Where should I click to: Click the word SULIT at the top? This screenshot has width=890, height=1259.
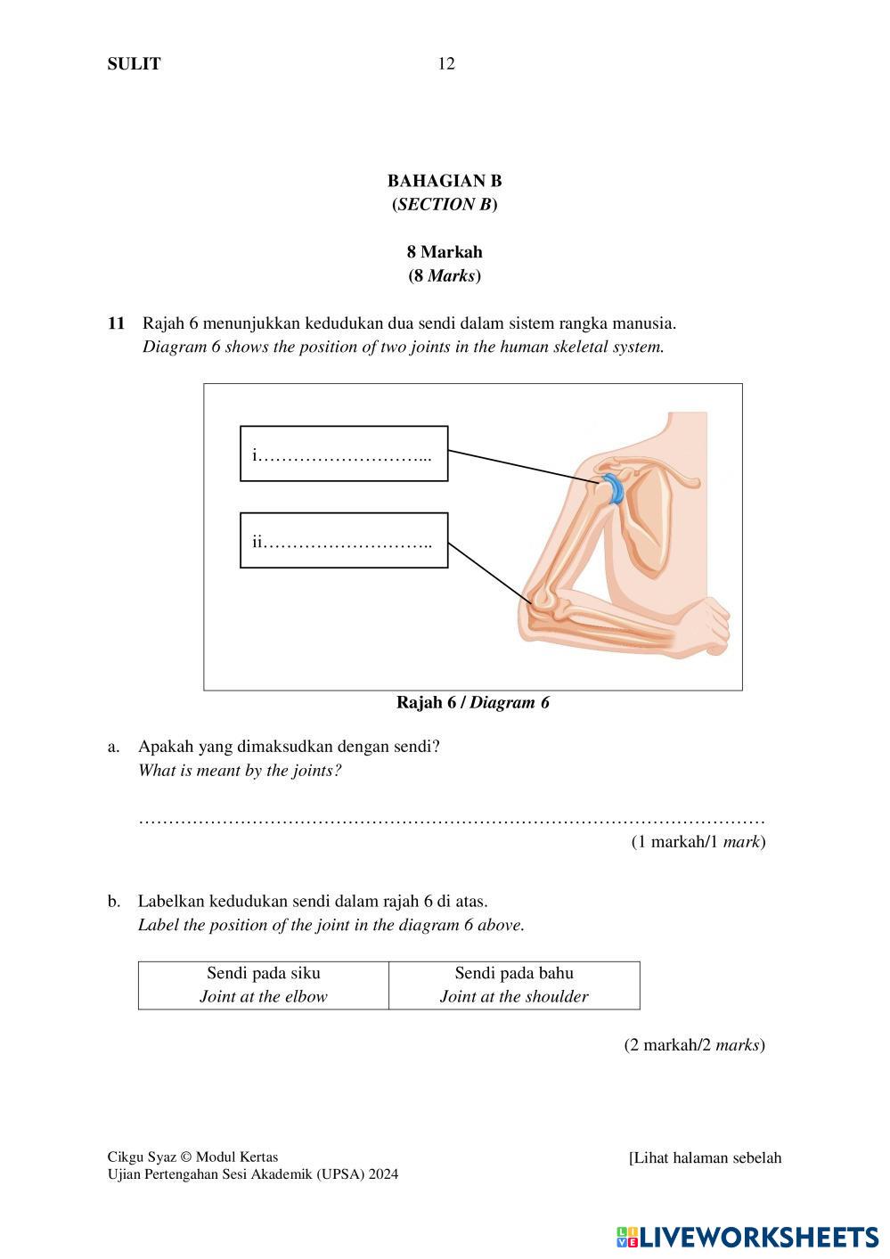click(x=134, y=63)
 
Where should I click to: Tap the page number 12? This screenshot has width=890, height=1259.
click(x=445, y=63)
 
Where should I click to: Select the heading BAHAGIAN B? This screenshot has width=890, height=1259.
click(x=445, y=181)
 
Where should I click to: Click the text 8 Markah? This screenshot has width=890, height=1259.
click(x=445, y=252)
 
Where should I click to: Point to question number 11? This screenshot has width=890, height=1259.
click(x=116, y=323)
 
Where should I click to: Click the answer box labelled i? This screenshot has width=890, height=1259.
click(x=344, y=454)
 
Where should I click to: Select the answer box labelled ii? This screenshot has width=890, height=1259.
click(x=344, y=540)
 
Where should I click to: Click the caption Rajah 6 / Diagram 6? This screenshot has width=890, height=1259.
click(x=472, y=703)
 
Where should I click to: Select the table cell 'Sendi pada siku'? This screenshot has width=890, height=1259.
click(x=264, y=985)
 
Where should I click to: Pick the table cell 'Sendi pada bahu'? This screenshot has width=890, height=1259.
click(x=514, y=985)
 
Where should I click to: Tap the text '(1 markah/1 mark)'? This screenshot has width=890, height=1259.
click(x=698, y=841)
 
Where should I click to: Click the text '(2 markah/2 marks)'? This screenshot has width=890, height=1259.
click(x=694, y=1044)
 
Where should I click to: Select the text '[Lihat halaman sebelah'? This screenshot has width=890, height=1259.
click(x=705, y=1158)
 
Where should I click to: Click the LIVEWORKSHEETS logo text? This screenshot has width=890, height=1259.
click(x=757, y=1237)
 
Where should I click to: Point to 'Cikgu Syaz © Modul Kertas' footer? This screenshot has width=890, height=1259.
click(x=192, y=1157)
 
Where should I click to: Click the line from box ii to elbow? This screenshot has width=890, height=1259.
click(x=490, y=573)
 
